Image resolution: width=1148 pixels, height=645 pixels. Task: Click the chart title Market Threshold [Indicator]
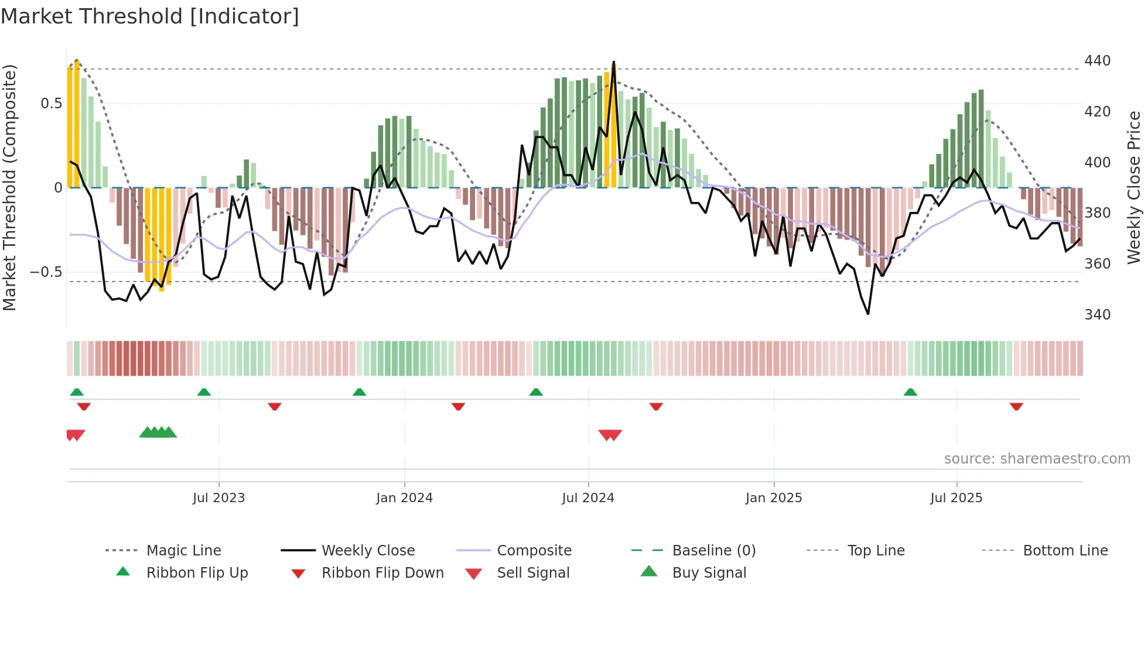click(x=150, y=16)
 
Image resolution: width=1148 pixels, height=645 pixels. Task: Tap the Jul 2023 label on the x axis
click(x=218, y=498)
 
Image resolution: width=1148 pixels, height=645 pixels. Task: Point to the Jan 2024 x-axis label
click(x=404, y=498)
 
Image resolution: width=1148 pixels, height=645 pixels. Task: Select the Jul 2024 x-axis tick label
click(x=588, y=498)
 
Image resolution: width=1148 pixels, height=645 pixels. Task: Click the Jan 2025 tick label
click(x=774, y=498)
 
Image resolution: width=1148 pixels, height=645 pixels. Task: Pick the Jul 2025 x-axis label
click(x=956, y=498)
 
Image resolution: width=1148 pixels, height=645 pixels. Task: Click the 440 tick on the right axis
click(x=1097, y=61)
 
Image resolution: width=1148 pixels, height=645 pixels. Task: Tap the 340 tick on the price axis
click(x=1097, y=315)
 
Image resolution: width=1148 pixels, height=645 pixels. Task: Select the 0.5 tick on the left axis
click(x=51, y=104)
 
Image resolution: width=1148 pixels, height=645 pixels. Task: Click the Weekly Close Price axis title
click(x=1135, y=187)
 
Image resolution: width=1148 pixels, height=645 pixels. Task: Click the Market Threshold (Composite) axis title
click(x=9, y=187)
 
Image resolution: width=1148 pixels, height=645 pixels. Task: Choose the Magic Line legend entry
click(x=183, y=551)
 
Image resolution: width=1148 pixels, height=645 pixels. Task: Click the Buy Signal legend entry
click(x=709, y=573)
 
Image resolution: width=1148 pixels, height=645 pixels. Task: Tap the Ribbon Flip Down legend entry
click(x=382, y=573)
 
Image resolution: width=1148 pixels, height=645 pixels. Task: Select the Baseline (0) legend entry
click(x=713, y=551)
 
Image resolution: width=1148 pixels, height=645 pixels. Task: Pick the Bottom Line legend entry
click(x=1065, y=551)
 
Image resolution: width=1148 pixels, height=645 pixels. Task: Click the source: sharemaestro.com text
click(x=1037, y=459)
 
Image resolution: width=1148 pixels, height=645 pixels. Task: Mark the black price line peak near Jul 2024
click(x=614, y=62)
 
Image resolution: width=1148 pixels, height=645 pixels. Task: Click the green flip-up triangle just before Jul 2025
click(x=910, y=392)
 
